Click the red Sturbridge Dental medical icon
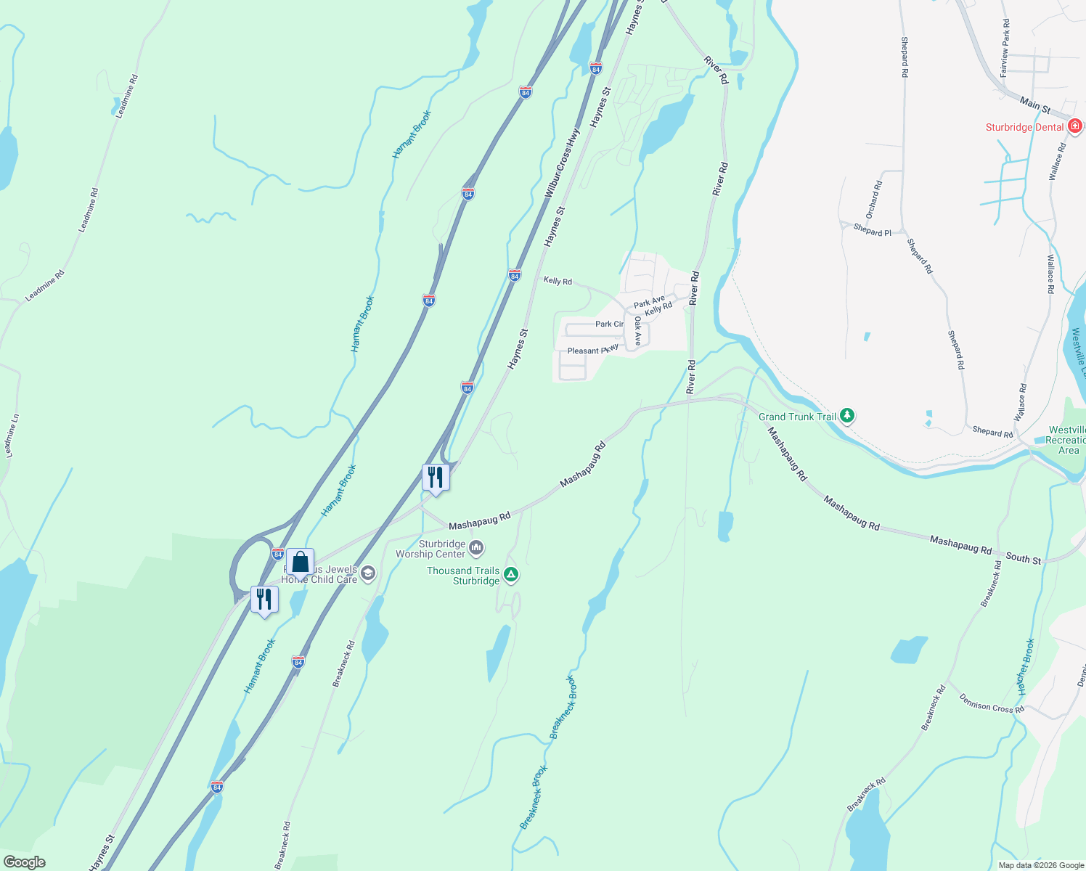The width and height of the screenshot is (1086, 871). [x=1075, y=126]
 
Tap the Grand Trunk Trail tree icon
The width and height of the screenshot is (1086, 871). [x=847, y=416]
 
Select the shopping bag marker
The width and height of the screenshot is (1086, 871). [x=300, y=563]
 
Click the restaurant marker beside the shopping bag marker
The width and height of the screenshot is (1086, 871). [x=264, y=600]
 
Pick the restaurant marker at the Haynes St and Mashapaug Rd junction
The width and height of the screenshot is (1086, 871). [x=436, y=478]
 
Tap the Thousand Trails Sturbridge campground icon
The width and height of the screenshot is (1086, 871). [x=511, y=575]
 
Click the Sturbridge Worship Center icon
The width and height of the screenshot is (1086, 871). [x=476, y=547]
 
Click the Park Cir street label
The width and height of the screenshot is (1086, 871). [x=609, y=324]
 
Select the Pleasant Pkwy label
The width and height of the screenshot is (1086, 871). [x=592, y=350]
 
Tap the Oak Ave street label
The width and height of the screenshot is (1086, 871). [x=637, y=330]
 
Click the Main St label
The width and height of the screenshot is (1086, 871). [x=1035, y=105]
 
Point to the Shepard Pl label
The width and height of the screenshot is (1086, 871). [x=872, y=231]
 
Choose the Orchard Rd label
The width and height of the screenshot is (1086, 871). [x=873, y=200]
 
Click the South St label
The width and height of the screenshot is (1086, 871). [x=1023, y=558]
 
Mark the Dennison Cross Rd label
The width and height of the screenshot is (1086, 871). [x=991, y=703]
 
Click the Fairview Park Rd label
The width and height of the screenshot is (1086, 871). [x=1005, y=48]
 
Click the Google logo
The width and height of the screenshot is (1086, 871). [x=24, y=862]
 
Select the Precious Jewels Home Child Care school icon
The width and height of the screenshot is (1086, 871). [x=368, y=574]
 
